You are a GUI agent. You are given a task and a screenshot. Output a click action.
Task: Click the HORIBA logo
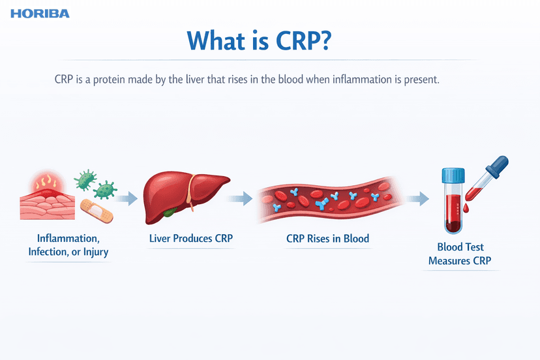point(40,14)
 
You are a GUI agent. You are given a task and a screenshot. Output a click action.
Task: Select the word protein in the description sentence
point(109,80)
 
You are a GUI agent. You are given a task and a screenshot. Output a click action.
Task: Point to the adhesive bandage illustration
point(97,211)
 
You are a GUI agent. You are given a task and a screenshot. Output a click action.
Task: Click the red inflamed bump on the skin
point(48,185)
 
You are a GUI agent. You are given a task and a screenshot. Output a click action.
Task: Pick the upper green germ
point(85,179)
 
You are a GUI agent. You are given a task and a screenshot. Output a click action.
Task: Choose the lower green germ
point(105,190)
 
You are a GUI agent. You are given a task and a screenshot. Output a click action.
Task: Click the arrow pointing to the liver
point(126,199)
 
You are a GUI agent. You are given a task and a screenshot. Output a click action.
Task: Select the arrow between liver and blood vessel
point(240,199)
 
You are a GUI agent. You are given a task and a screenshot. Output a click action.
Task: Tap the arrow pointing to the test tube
point(417,199)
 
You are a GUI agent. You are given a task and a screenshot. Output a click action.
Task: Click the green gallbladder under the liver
point(170,212)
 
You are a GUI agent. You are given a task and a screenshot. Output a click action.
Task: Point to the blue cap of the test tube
point(453,175)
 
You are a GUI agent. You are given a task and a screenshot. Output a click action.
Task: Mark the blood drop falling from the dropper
point(466,208)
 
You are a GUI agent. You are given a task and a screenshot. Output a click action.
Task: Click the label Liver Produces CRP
point(191,239)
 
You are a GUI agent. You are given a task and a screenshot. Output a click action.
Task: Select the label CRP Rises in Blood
point(327,239)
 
